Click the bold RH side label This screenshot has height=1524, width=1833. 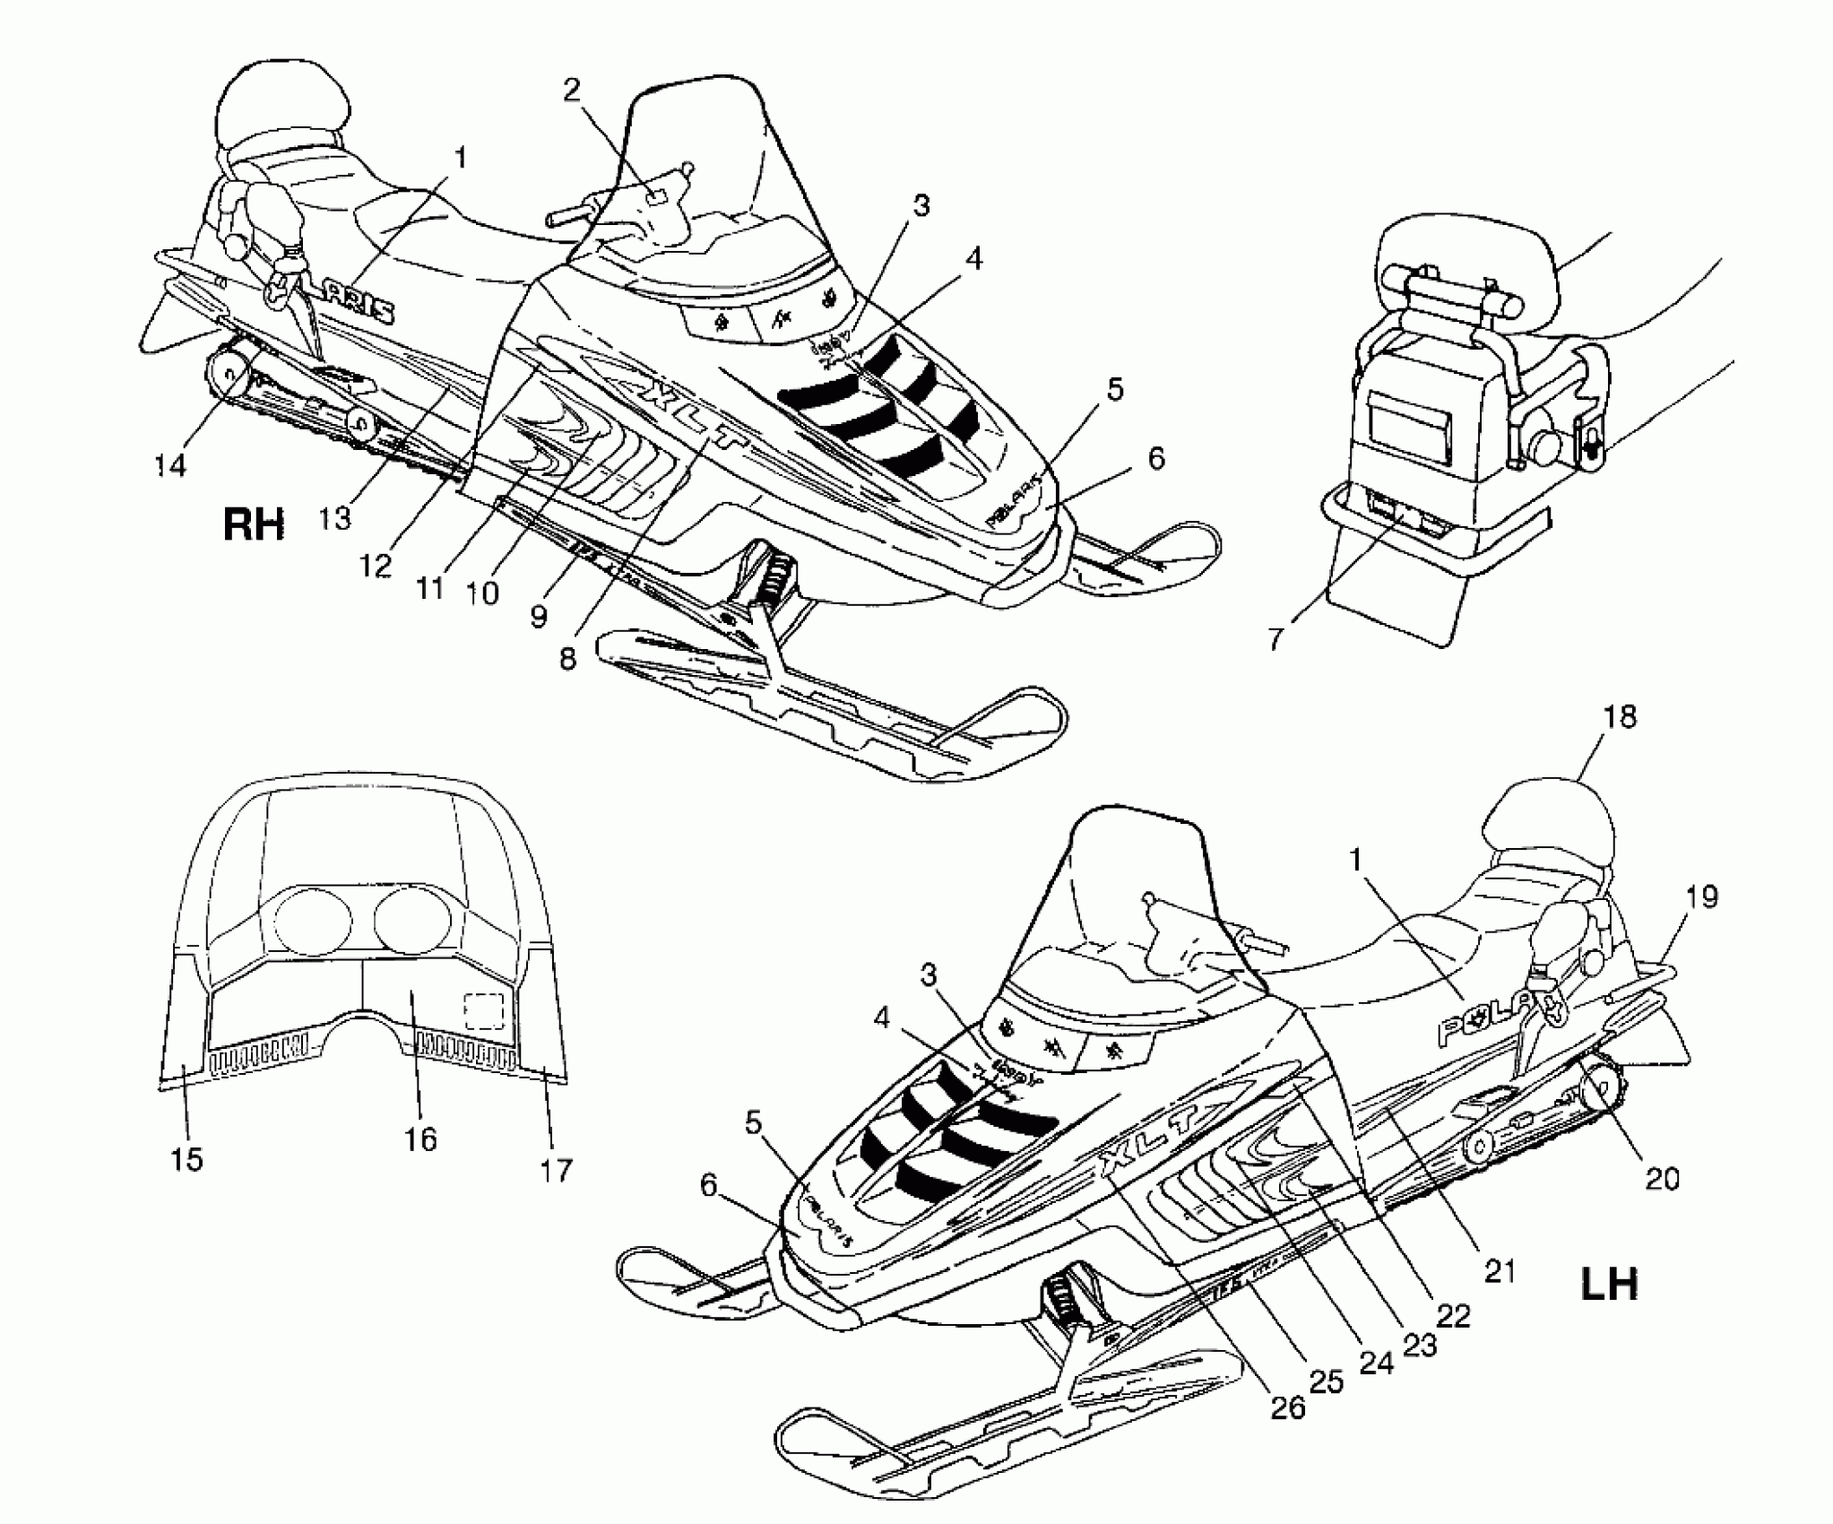tap(254, 524)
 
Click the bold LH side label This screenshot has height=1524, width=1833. tap(1609, 1285)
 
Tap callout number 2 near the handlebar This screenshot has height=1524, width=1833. tap(572, 89)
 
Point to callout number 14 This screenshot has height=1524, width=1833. tap(170, 464)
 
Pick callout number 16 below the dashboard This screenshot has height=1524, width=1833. tap(419, 1139)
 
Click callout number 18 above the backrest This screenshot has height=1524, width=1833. tap(1621, 716)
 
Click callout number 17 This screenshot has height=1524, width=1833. tap(556, 1169)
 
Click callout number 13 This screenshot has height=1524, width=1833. tap(334, 518)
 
